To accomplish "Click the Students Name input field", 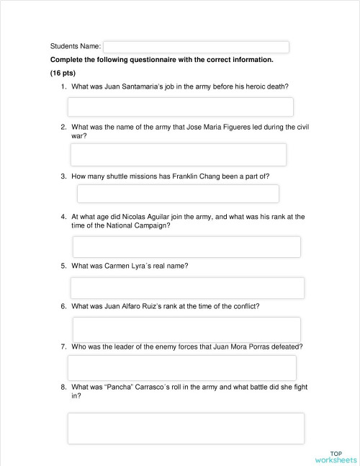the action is coord(196,47).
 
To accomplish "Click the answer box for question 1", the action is coord(180,107).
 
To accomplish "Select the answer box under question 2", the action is coord(178,154).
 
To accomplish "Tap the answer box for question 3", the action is coord(177,194).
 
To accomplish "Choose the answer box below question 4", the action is coord(186,246).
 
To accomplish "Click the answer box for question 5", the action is coord(187,287).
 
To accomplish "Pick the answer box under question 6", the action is coord(186,329).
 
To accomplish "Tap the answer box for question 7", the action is coord(181,367).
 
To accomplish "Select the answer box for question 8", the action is coord(186,428).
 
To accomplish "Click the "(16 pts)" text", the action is coord(63,73).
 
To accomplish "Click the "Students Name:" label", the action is coord(76,47).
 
